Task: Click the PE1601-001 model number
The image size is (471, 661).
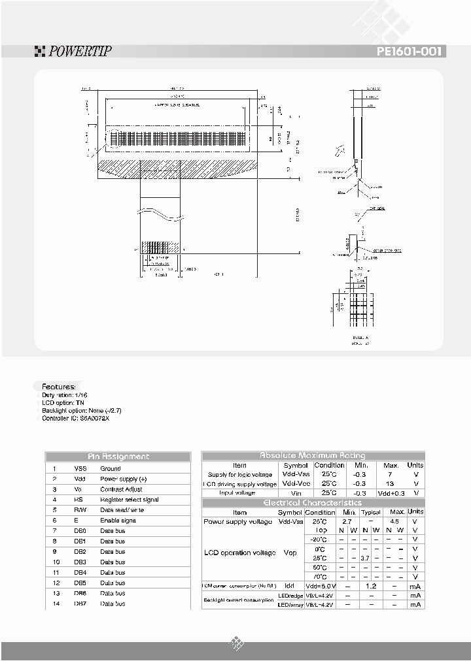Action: click(x=411, y=52)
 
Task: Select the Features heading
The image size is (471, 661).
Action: click(x=59, y=387)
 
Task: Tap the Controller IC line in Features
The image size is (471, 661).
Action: click(x=76, y=418)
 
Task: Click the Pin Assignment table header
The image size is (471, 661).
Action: click(x=118, y=457)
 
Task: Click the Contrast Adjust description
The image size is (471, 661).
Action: click(x=121, y=489)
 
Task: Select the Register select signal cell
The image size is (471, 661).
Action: click(x=130, y=500)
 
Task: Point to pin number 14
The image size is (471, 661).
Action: click(x=56, y=604)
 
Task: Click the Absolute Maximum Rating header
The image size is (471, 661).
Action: click(x=313, y=455)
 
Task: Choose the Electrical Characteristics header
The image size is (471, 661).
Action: click(x=313, y=502)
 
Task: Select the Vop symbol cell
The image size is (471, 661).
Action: click(x=290, y=553)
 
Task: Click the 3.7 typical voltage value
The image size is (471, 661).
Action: click(x=365, y=558)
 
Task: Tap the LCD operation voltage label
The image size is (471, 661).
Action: click(x=236, y=553)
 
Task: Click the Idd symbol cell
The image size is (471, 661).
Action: click(x=290, y=586)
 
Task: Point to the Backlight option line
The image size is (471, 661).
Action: click(x=82, y=410)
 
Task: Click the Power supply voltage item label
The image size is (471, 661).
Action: click(x=238, y=521)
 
